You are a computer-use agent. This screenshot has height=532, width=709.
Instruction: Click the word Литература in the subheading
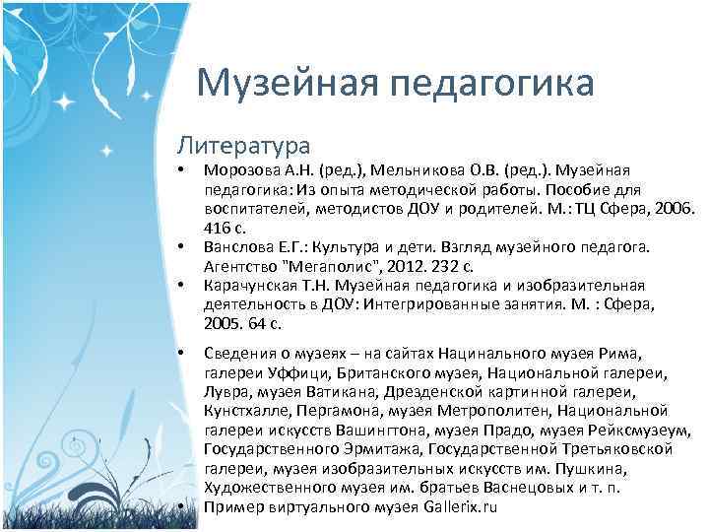coord(243,145)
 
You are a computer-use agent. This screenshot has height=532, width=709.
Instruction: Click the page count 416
coord(217,228)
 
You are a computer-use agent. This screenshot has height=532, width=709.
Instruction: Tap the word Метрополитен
coord(487,410)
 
